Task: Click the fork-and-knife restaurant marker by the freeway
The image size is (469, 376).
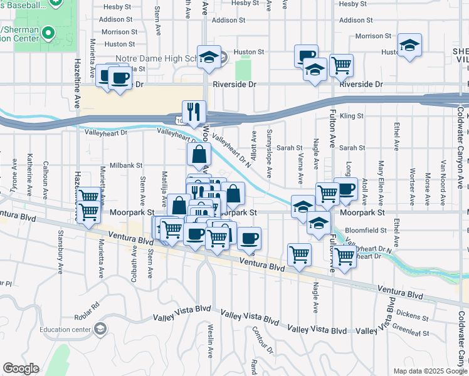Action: [194, 112]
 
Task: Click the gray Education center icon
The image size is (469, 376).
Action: [100, 329]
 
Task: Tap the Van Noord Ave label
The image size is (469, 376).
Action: [443, 177]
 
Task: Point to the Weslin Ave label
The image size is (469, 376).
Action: [211, 344]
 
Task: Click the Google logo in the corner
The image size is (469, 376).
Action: [21, 368]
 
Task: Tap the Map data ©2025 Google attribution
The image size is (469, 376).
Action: [430, 371]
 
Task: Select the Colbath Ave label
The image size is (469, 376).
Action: [134, 263]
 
